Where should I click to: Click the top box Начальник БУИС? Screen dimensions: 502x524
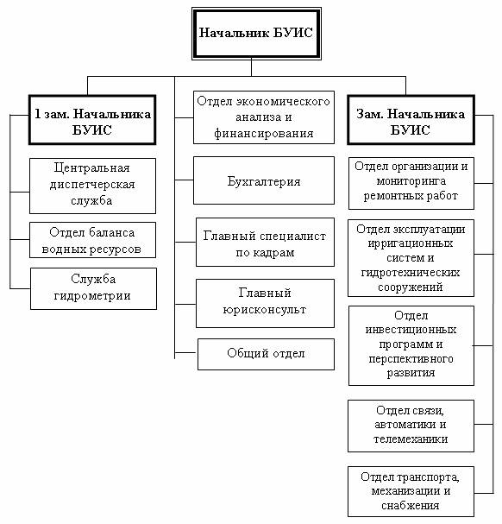click(x=256, y=34)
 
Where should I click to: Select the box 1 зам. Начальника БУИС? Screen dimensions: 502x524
click(x=92, y=120)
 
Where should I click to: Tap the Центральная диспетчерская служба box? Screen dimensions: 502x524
click(x=92, y=186)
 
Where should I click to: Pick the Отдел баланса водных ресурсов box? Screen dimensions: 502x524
click(x=92, y=240)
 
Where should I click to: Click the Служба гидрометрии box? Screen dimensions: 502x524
click(x=93, y=288)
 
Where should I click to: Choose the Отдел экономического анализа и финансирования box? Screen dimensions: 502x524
click(x=264, y=117)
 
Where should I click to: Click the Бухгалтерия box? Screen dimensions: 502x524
click(x=264, y=180)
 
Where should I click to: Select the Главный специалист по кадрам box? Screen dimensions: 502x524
click(x=265, y=243)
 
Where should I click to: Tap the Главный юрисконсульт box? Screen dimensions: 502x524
click(x=265, y=304)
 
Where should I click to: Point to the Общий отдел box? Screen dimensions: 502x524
click(x=266, y=354)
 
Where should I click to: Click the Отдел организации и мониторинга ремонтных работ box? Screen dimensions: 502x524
click(x=411, y=184)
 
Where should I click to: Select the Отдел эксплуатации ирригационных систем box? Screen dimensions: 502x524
click(x=411, y=258)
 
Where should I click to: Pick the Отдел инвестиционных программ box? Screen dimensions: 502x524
click(x=411, y=345)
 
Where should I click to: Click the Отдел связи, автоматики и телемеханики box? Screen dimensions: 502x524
click(x=411, y=426)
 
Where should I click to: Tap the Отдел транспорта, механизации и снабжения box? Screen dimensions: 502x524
click(x=411, y=491)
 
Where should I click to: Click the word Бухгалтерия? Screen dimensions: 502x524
click(x=264, y=181)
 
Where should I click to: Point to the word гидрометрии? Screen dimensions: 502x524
click(x=92, y=296)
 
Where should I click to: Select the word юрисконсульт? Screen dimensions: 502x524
click(x=265, y=310)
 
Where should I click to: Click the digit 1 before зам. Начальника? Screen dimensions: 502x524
click(x=37, y=114)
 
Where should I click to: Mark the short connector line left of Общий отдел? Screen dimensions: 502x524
click(x=186, y=352)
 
